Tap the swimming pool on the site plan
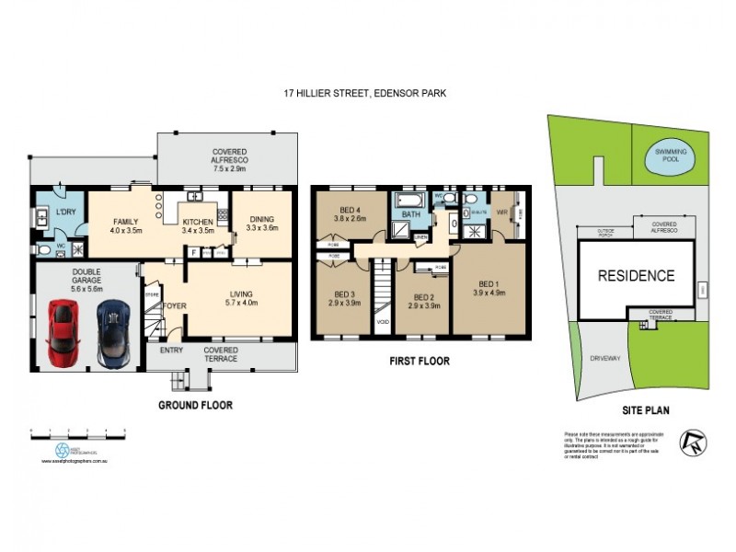(x=676, y=157)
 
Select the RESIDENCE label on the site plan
(x=636, y=275)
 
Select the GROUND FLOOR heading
(x=195, y=405)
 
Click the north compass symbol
(x=693, y=443)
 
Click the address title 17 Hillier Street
(x=364, y=93)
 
